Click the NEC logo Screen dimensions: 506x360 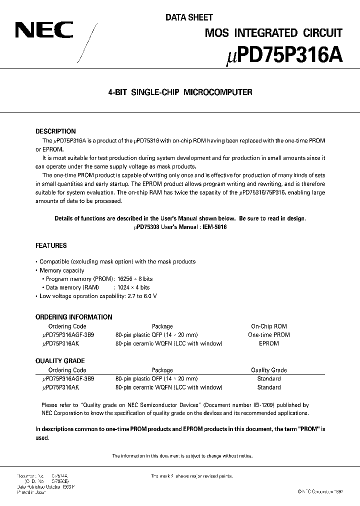point(44,31)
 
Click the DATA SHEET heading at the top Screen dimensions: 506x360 point(189,17)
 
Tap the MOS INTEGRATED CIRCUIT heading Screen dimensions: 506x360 point(274,33)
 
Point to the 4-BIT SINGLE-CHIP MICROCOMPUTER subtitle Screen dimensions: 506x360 point(180,92)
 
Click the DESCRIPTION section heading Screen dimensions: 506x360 point(55,131)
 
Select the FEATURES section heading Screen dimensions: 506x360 point(51,246)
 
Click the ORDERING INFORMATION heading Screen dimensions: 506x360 point(73,317)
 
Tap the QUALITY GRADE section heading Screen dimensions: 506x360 point(60,361)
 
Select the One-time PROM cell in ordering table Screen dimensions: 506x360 point(268,335)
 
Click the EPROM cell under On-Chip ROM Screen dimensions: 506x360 point(268,343)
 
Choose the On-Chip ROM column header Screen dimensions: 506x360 point(268,326)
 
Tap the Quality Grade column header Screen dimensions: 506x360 point(268,370)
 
